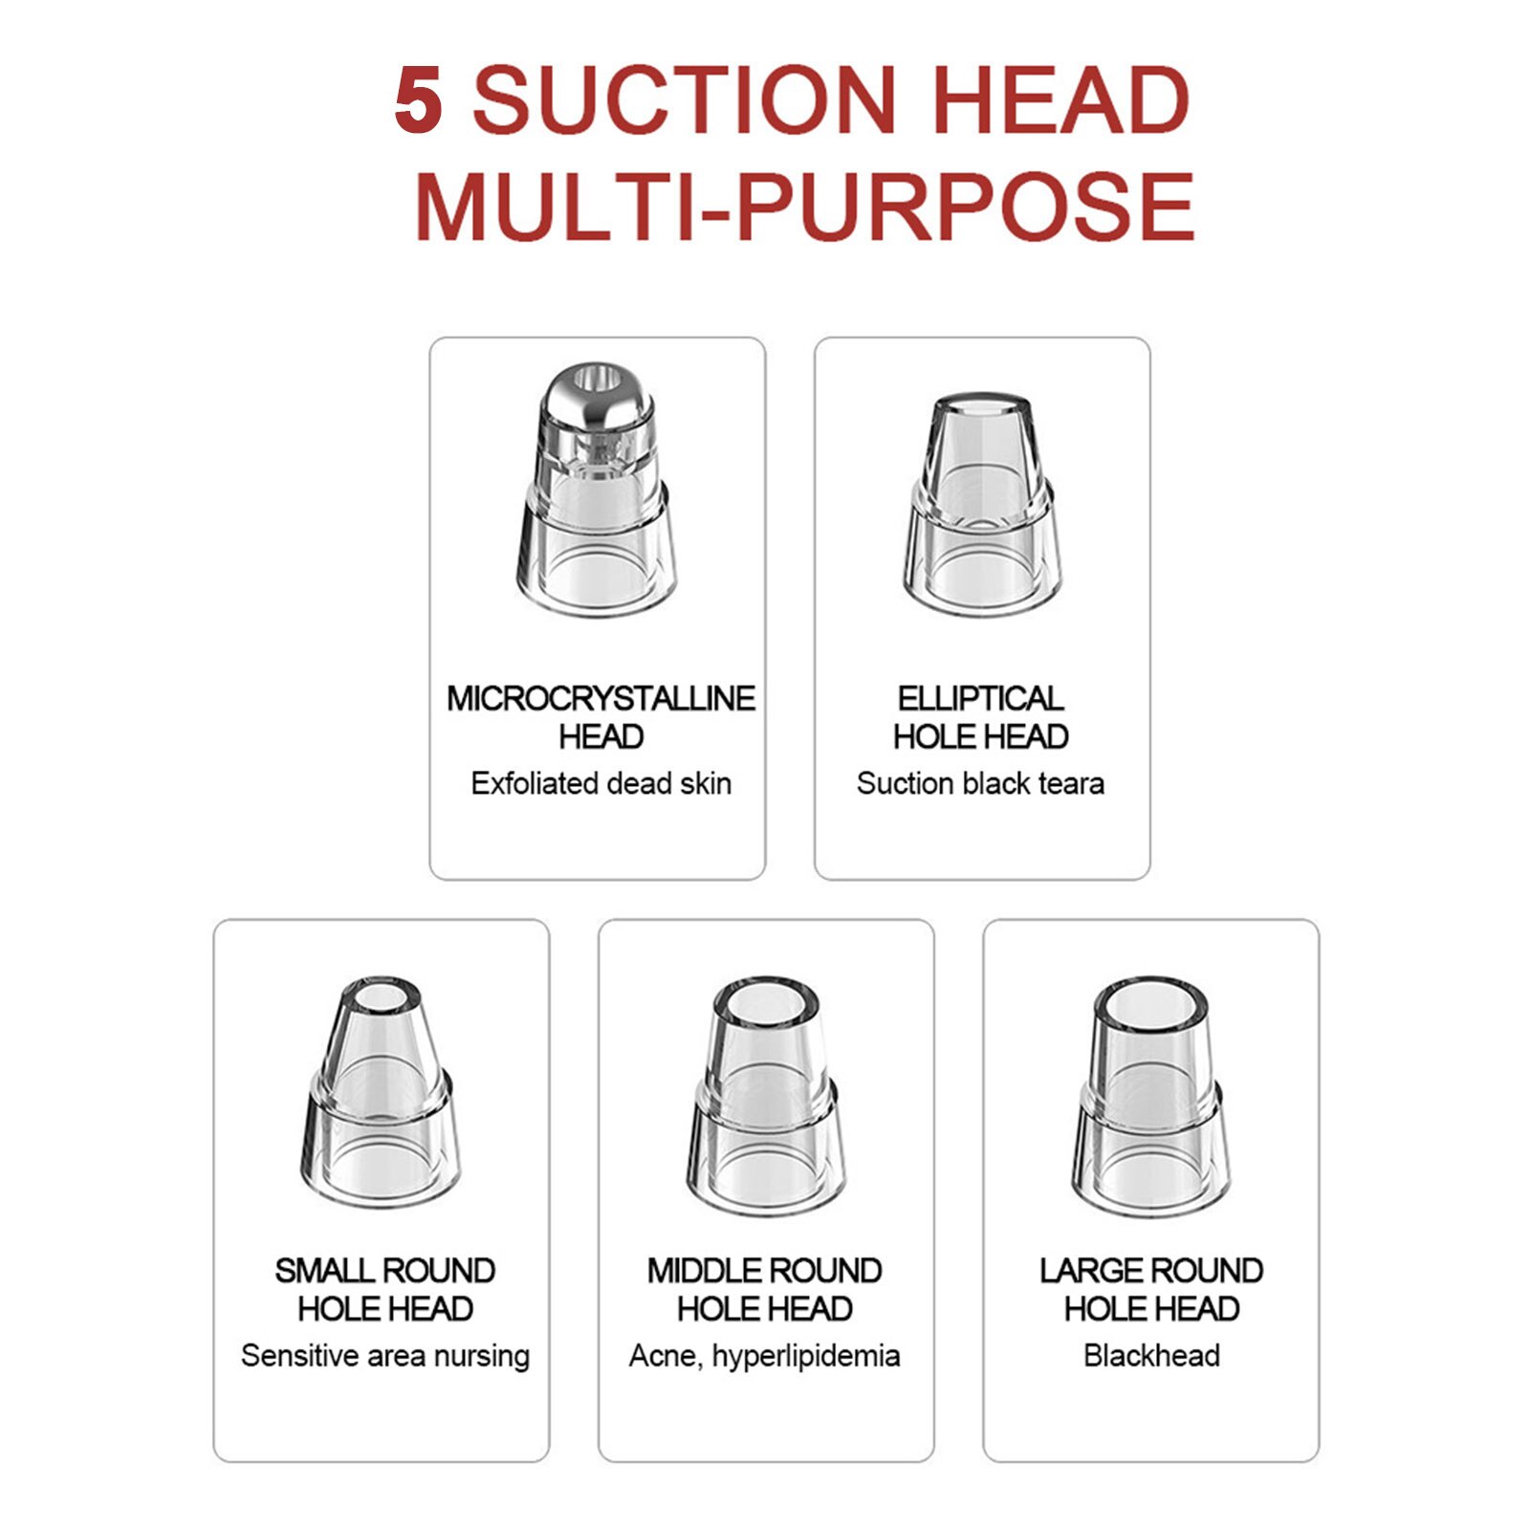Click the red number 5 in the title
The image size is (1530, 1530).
coord(419,99)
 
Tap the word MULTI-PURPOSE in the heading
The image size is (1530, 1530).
coord(804,207)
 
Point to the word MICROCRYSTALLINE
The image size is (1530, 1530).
coord(601,699)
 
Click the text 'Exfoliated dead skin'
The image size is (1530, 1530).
coord(601,784)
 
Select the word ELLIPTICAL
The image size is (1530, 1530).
coord(980,699)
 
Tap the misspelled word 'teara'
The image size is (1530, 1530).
coord(1071,784)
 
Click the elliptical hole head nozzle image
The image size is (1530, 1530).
coord(981,504)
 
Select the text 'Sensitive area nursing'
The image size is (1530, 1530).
coord(384,1357)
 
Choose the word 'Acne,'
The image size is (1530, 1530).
coord(666,1357)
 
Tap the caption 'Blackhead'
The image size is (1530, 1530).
coord(1151,1356)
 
